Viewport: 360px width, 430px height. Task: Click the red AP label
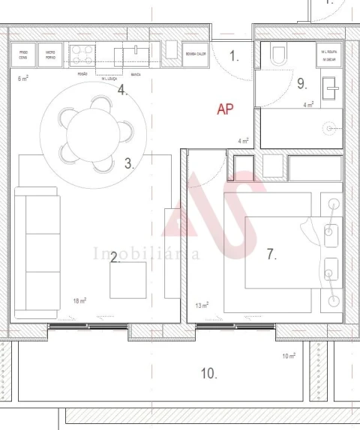tap(225, 109)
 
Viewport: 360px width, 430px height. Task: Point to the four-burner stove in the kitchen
tap(82, 55)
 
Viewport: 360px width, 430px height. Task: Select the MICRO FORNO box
tap(50, 55)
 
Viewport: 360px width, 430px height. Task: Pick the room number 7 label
tap(271, 254)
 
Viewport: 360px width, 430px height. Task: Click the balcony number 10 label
tap(208, 372)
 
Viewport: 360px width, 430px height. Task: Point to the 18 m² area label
tap(79, 300)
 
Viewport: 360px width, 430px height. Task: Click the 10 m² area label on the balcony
tap(289, 356)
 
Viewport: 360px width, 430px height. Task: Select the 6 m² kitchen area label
tap(22, 78)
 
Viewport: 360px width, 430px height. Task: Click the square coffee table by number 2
tap(128, 280)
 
